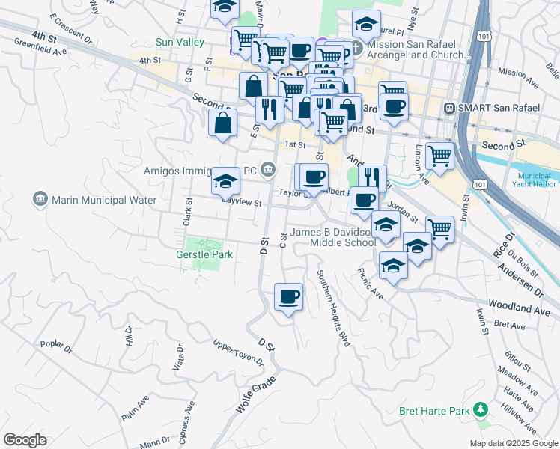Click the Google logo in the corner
coord(25,439)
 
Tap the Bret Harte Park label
coord(434,410)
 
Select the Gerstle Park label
coord(204,254)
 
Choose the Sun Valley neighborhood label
coord(180,43)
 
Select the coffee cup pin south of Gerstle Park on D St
coord(288,298)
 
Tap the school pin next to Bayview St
coord(225,180)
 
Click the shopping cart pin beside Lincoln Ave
coord(439,156)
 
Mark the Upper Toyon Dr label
coord(238,352)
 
